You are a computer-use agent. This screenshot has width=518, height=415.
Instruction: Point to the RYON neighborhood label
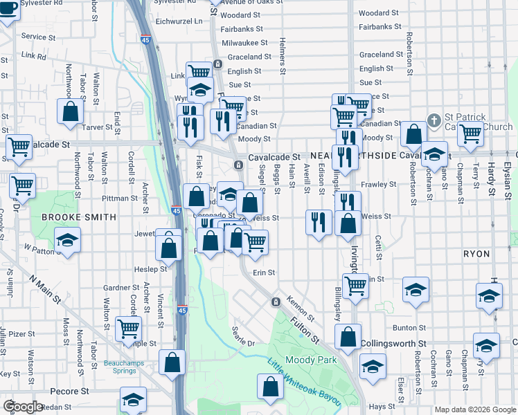pyautogui.click(x=476, y=254)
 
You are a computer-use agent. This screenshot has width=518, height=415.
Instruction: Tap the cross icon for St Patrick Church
pyautogui.click(x=434, y=120)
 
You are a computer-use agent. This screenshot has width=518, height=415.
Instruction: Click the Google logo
pyautogui.click(x=24, y=406)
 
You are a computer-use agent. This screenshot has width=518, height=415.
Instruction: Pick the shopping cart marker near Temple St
pyautogui.click(x=128, y=329)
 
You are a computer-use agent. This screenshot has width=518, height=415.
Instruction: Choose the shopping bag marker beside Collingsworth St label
pyautogui.click(x=348, y=338)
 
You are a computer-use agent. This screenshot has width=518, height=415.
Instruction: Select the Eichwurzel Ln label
pyautogui.click(x=179, y=21)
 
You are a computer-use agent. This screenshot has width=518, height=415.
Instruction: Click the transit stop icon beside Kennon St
pyautogui.click(x=275, y=302)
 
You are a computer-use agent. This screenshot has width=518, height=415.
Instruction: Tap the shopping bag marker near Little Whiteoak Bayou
pyautogui.click(x=270, y=386)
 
